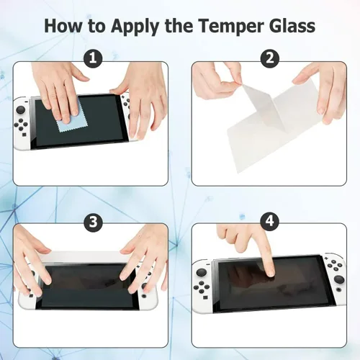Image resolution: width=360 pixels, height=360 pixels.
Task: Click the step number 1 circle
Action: tap(91, 58)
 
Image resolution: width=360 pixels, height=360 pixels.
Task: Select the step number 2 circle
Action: tap(269, 58)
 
